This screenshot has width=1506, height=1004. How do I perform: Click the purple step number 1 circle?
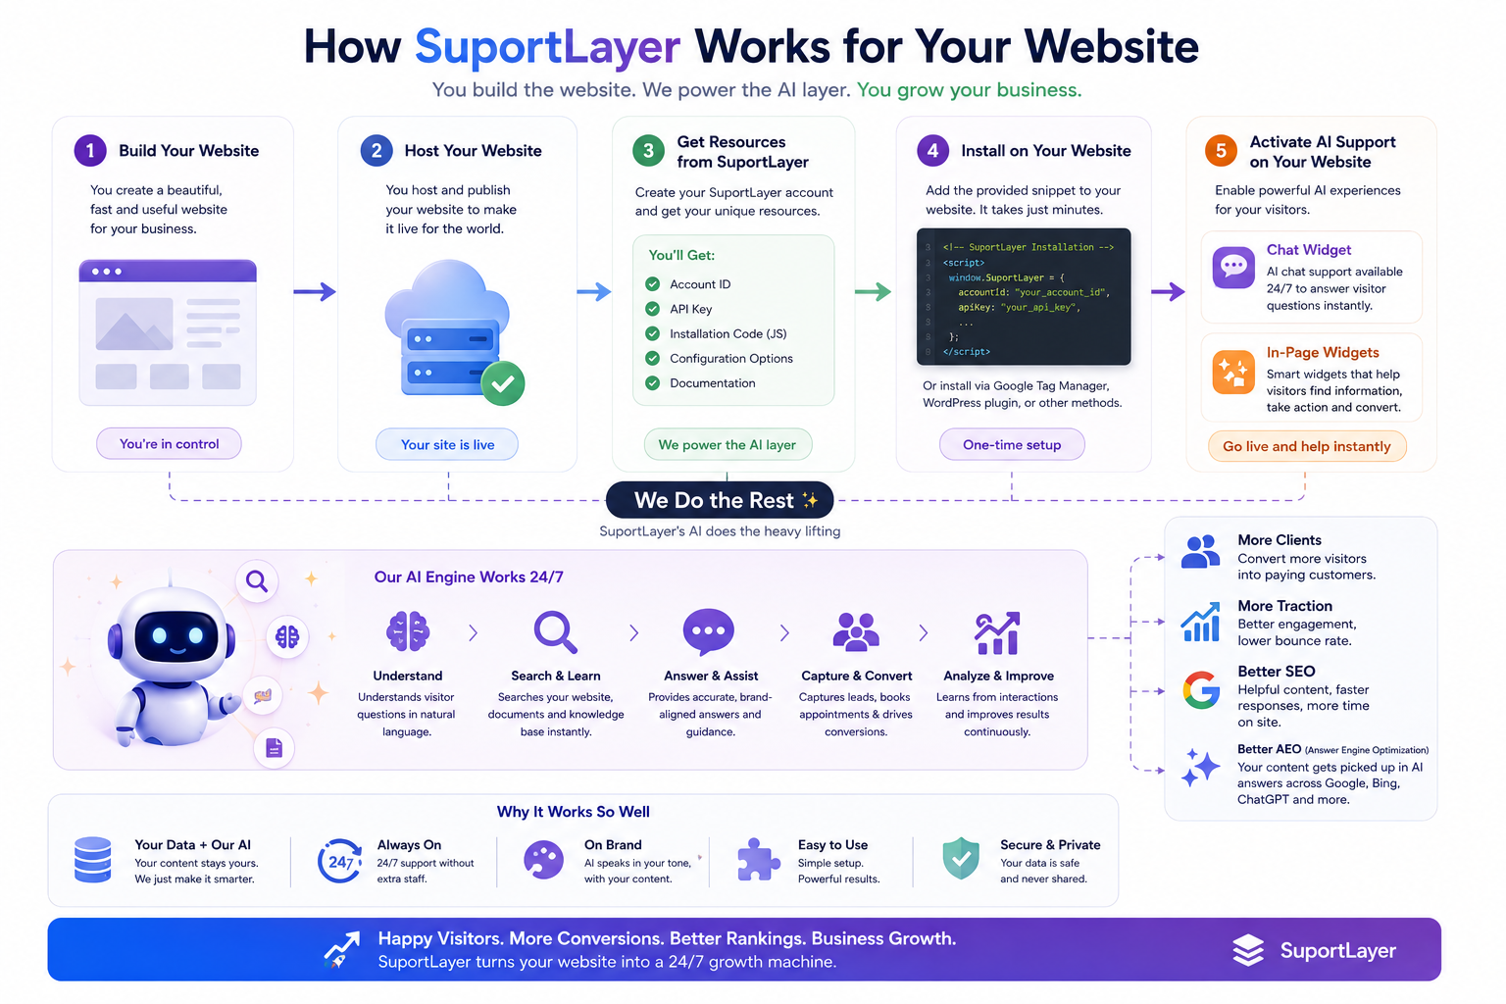coord(90,151)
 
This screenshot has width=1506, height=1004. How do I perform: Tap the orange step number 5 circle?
coord(1221,151)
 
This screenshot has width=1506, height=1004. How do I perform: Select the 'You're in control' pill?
coord(169,444)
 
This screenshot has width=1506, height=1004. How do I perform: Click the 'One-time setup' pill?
coord(1012,444)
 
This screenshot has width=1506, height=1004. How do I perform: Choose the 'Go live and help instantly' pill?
coord(1306,446)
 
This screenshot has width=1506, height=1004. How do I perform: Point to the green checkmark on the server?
coord(503,383)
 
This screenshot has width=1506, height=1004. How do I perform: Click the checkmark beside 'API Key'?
coord(652,309)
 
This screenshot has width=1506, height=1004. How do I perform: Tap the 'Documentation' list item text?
coord(713,383)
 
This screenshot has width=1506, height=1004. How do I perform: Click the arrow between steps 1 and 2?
coord(315,292)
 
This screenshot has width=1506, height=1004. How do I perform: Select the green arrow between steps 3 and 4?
coord(873,292)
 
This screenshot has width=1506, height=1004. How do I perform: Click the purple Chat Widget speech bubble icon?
coord(1233,268)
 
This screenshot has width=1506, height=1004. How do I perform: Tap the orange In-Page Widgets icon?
coord(1233,372)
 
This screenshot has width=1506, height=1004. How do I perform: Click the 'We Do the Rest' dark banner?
coord(720,500)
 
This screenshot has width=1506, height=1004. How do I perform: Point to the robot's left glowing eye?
coord(160,634)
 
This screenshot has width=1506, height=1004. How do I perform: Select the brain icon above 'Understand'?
coord(408,631)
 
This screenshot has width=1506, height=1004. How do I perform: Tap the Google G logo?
coord(1201,690)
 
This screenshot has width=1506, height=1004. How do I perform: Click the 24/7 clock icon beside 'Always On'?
coord(339,861)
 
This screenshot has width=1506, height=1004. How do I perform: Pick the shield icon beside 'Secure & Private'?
coord(961,858)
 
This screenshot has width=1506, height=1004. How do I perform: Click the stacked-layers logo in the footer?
coord(1248,950)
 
